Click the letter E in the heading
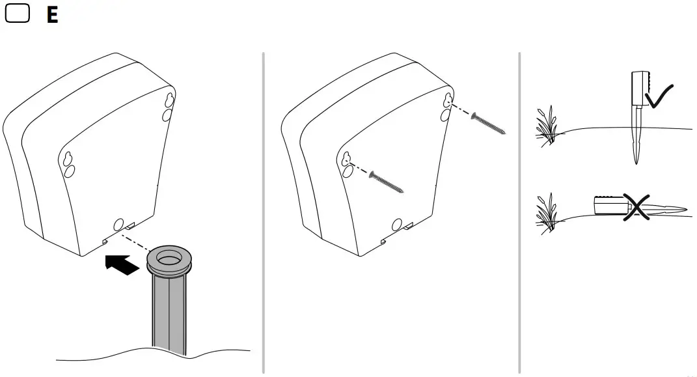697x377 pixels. point(52,16)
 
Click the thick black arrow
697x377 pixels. point(122,264)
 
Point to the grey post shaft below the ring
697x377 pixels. point(169,313)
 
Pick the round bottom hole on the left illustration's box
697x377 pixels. point(118,225)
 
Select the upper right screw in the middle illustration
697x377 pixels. point(489,124)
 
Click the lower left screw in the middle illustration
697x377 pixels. point(386,182)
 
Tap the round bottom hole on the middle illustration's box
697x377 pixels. point(396,225)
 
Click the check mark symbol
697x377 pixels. point(659,96)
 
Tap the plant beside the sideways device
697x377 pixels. point(547,212)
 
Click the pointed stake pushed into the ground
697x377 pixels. point(636,140)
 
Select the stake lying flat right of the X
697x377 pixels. point(667,209)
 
